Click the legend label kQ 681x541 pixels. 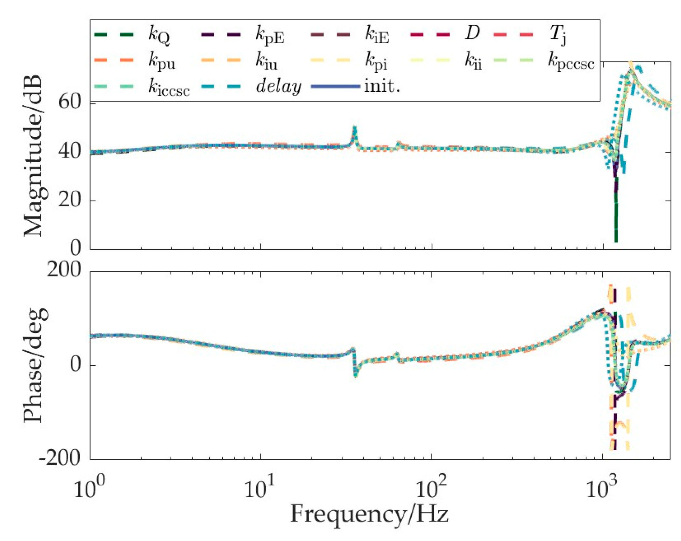[x=159, y=35]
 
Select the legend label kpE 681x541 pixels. [x=270, y=35]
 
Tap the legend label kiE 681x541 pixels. [x=377, y=35]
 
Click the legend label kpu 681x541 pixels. [x=162, y=61]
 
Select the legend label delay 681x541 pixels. [x=279, y=87]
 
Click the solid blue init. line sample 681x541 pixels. [x=335, y=87]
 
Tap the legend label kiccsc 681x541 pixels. [x=169, y=88]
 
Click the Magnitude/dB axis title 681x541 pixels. [x=33, y=156]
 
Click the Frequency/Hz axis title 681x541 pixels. [x=369, y=514]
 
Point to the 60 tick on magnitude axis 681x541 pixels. [x=69, y=102]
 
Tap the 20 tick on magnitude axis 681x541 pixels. [x=69, y=200]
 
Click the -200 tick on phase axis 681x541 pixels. [x=60, y=459]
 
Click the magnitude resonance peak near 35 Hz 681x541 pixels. [x=354, y=128]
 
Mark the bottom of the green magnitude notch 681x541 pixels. [x=616, y=241]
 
